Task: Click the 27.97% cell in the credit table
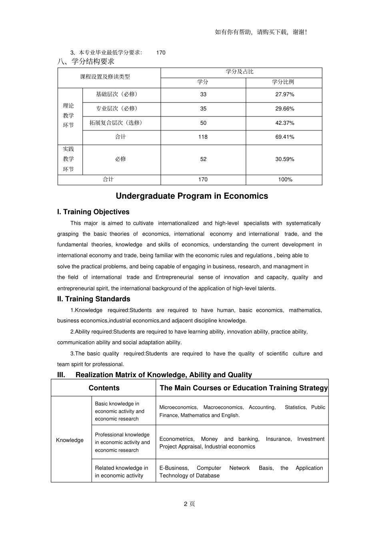click(284, 94)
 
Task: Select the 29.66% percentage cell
click(284, 109)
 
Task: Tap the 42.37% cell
click(284, 123)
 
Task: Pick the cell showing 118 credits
click(203, 137)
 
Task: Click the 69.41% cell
click(284, 137)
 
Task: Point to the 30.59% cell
click(284, 159)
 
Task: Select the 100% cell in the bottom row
click(285, 180)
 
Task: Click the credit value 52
click(203, 159)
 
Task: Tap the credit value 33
click(203, 94)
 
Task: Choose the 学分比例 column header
click(283, 82)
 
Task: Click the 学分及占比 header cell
click(240, 72)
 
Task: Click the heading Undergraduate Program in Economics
click(192, 196)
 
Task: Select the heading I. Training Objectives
click(93, 212)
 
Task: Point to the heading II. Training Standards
click(94, 299)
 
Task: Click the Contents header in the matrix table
click(104, 388)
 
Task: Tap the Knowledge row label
click(70, 440)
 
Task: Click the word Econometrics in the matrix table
click(176, 439)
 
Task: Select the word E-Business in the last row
click(174, 468)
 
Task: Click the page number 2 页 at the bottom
click(189, 504)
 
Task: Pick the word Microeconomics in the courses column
click(178, 407)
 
